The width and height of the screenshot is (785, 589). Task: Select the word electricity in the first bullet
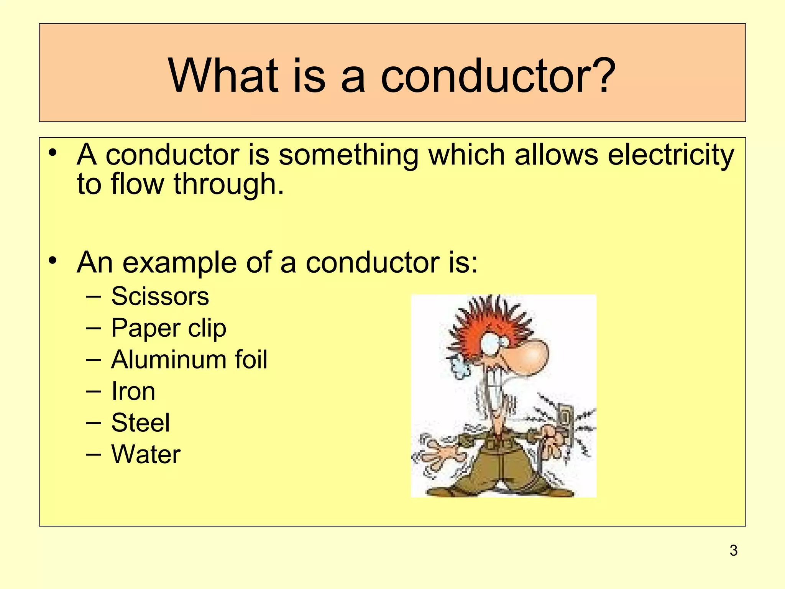671,155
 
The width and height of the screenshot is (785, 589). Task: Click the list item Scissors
160,296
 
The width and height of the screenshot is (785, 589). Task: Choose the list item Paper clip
169,329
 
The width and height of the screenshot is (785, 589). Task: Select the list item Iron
133,392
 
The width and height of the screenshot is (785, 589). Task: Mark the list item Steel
140,423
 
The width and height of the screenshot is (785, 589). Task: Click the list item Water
146,454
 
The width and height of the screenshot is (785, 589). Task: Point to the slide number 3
734,551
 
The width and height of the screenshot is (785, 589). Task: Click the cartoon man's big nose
531,357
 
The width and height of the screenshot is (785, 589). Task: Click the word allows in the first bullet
556,155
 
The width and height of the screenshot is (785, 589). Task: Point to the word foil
251,360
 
